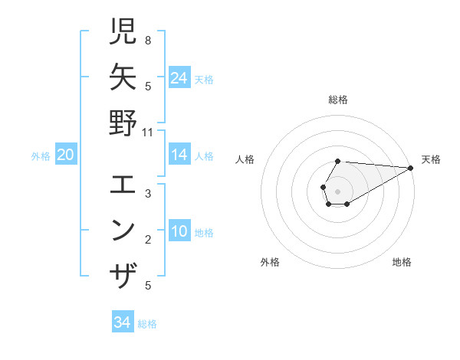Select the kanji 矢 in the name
pos(123,77)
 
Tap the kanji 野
pos(123,123)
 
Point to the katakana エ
pos(123,185)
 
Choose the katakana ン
pos(123,230)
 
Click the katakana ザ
pos(123,274)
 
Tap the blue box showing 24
pos(179,77)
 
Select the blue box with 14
pos(179,155)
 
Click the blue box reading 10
pos(179,231)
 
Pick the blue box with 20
pos(66,155)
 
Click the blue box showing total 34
pos(123,322)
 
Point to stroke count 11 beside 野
pos(149,133)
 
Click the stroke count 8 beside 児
pos(148,40)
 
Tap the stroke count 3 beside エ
pos(148,194)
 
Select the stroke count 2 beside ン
pos(148,240)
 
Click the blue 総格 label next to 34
pos(147,324)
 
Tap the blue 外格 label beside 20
pos(41,156)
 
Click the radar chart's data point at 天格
pos(411,169)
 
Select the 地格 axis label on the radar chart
pos(402,262)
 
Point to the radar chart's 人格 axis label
pos(245,159)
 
